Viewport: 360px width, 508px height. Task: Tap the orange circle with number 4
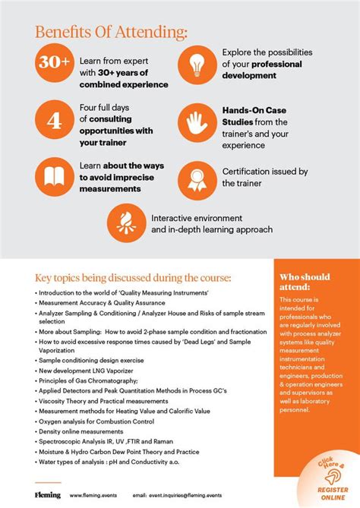(x=53, y=121)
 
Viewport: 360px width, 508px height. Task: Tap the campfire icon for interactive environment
(x=126, y=219)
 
